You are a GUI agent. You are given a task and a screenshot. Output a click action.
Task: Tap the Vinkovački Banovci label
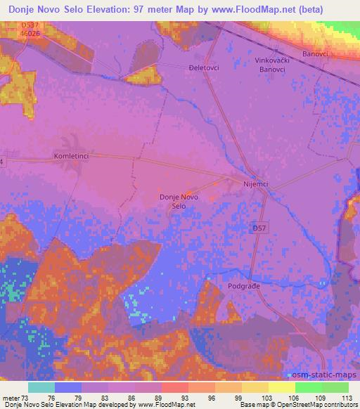271,65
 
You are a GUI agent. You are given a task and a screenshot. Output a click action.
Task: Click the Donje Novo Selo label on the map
179,201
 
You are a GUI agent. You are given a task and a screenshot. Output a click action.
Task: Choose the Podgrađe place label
243,287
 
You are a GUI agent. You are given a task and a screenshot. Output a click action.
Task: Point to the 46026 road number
28,34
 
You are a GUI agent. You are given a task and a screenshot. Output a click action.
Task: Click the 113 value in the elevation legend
347,398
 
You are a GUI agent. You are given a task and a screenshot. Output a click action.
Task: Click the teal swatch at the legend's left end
41,387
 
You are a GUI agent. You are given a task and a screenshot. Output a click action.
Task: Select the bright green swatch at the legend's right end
335,387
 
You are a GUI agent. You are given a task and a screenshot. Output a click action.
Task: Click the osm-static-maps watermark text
326,377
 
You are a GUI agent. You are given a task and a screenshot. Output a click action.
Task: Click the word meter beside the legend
12,398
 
